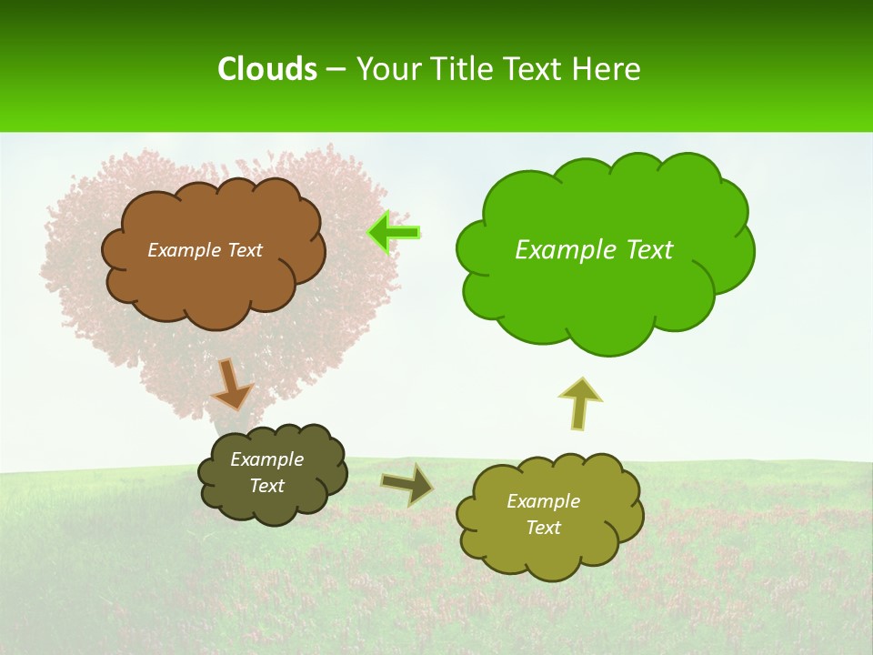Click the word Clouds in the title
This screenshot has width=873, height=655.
tap(267, 69)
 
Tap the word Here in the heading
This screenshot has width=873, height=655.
tap(607, 69)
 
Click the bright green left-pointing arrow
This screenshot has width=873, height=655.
tap(395, 233)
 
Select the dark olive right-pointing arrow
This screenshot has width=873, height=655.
tap(406, 484)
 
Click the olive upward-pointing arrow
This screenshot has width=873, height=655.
tap(580, 403)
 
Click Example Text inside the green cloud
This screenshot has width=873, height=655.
tap(594, 249)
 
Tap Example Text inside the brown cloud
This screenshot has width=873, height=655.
tap(205, 249)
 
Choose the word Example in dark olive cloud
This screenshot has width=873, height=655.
tap(266, 459)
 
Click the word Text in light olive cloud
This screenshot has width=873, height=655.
tap(543, 528)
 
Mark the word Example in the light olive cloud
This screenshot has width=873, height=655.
tap(543, 501)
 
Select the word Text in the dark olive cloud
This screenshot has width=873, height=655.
tap(266, 486)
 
